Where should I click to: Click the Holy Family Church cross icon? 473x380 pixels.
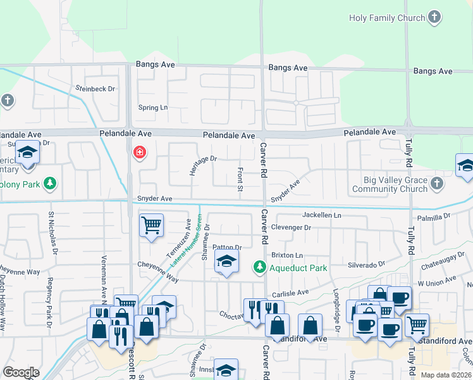[434, 18]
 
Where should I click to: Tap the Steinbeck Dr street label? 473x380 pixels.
[95, 89]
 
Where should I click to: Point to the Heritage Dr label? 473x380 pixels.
[203, 166]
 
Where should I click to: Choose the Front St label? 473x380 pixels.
[240, 178]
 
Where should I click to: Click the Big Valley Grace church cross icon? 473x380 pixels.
[437, 184]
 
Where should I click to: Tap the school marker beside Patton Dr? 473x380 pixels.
[226, 262]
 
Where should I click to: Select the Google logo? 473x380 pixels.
[21, 372]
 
